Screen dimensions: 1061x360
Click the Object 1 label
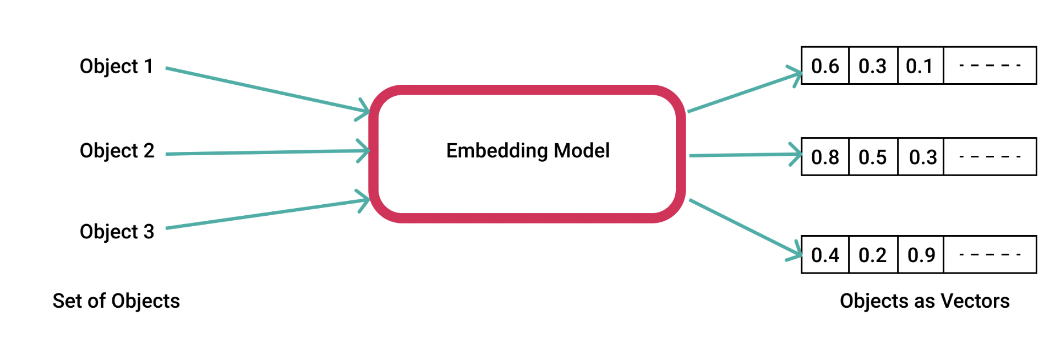(116, 66)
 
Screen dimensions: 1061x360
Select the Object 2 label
(117, 150)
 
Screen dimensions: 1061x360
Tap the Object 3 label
(117, 231)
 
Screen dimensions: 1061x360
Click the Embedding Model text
(528, 150)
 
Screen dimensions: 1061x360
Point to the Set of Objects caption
(116, 301)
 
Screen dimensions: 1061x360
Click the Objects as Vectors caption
(925, 301)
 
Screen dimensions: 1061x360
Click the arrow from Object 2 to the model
(267, 152)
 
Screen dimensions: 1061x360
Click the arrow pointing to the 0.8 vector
(746, 155)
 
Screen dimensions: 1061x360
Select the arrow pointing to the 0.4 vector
(746, 228)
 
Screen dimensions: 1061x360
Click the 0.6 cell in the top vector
(825, 66)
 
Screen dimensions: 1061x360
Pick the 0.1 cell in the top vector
(921, 66)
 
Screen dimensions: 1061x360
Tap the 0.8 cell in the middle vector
(825, 157)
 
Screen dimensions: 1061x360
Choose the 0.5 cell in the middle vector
(873, 157)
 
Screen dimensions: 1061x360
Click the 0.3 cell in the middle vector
(921, 157)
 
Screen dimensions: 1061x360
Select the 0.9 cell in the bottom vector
(921, 255)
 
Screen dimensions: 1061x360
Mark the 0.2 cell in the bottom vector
(873, 255)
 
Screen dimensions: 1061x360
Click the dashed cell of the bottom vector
(990, 255)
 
